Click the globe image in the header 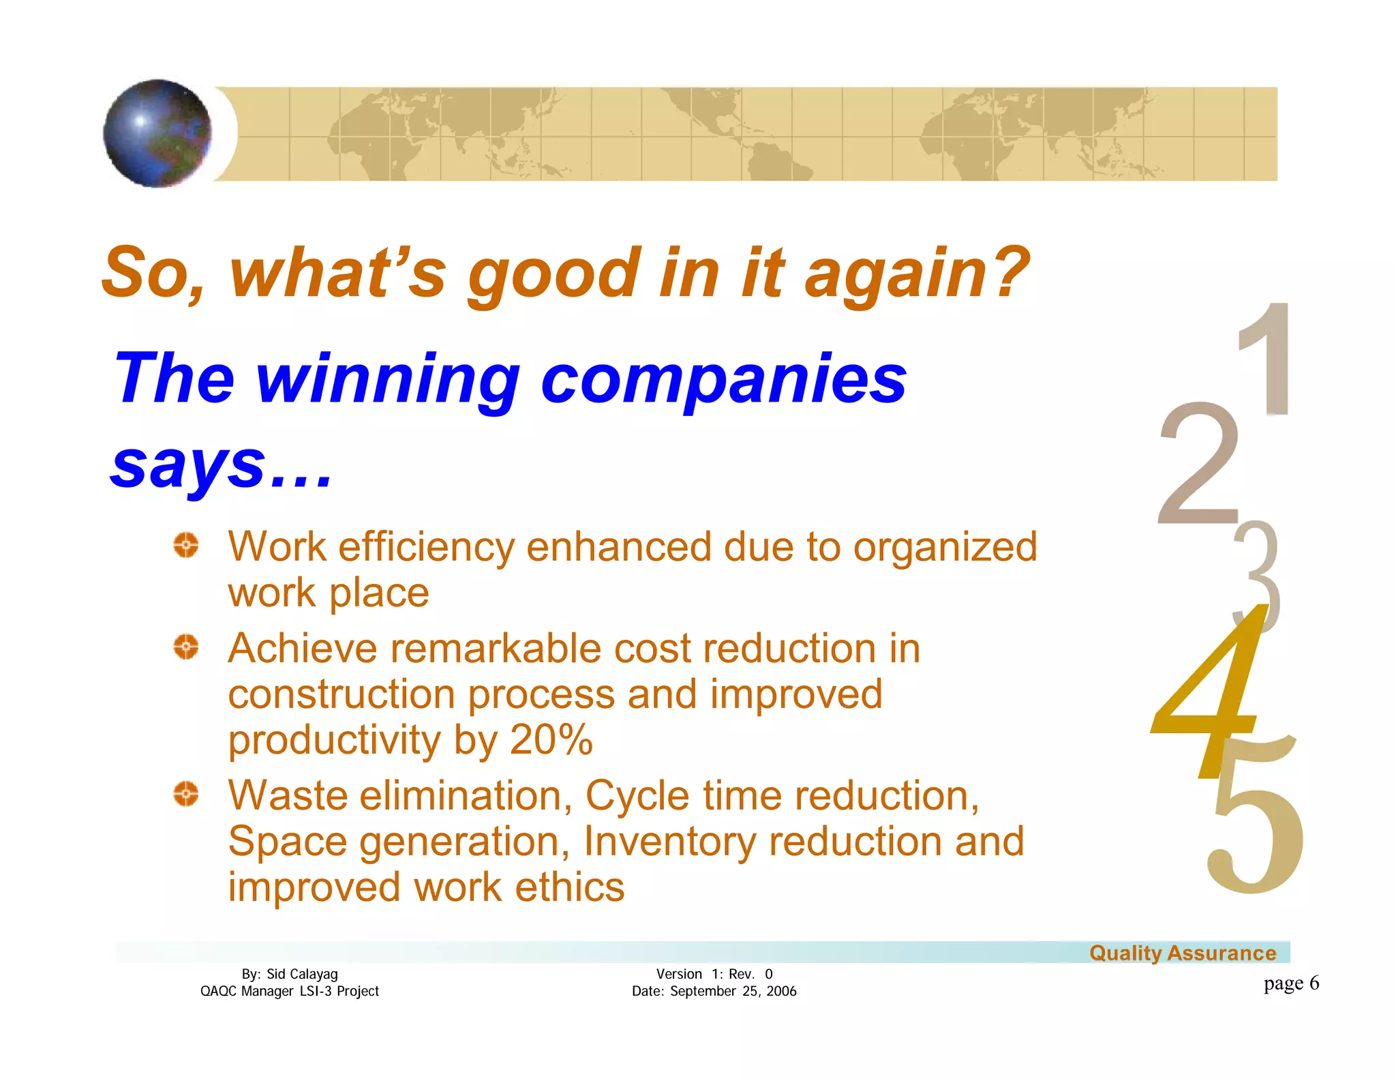[157, 133]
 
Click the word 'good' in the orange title [553, 274]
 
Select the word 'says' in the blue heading [189, 465]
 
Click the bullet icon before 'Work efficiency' [185, 545]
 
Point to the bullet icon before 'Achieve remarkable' [185, 646]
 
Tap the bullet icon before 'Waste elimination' [185, 794]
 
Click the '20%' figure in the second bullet [551, 740]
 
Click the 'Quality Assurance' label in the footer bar [1182, 953]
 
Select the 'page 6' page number [1290, 983]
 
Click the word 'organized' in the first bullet [945, 548]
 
